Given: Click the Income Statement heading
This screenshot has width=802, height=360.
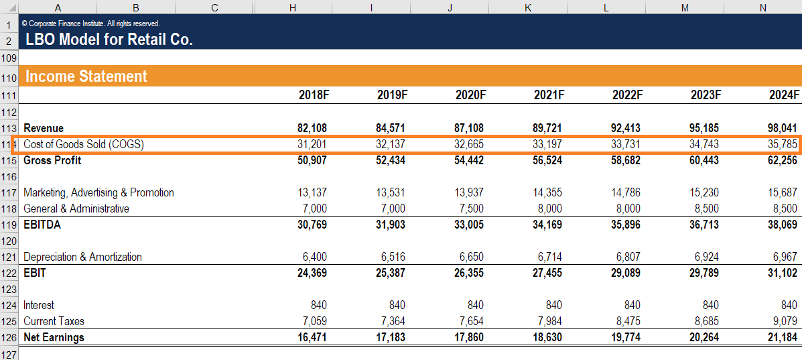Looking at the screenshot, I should pyautogui.click(x=86, y=76).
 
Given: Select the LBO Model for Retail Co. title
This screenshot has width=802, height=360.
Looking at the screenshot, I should pyautogui.click(x=109, y=40).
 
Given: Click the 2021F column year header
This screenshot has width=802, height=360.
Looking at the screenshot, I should pyautogui.click(x=549, y=95).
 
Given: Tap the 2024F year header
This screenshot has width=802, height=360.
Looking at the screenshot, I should pyautogui.click(x=784, y=95).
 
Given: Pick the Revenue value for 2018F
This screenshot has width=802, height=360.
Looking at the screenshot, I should pyautogui.click(x=312, y=128).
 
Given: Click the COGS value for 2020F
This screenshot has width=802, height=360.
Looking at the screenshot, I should pyautogui.click(x=470, y=144).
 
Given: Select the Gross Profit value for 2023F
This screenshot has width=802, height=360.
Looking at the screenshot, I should pyautogui.click(x=705, y=160).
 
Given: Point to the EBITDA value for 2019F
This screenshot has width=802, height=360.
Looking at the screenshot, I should pyautogui.click(x=391, y=225).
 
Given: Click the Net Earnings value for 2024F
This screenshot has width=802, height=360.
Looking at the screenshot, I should pyautogui.click(x=783, y=337).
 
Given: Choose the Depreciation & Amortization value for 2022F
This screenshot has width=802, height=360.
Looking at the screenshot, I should pyautogui.click(x=628, y=257).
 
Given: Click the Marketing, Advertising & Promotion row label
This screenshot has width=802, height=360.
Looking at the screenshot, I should pyautogui.click(x=98, y=192).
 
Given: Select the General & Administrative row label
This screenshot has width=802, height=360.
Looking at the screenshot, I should pyautogui.click(x=76, y=208).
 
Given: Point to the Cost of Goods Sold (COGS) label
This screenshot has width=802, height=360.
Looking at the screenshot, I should pyautogui.click(x=84, y=144).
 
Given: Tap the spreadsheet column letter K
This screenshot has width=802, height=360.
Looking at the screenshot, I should pyautogui.click(x=528, y=7).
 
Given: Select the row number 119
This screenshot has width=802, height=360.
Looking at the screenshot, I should pyautogui.click(x=9, y=225).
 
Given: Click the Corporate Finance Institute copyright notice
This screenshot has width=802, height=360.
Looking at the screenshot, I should pyautogui.click(x=90, y=23).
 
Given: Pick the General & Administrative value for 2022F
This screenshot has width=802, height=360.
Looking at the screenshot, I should pyautogui.click(x=628, y=208).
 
